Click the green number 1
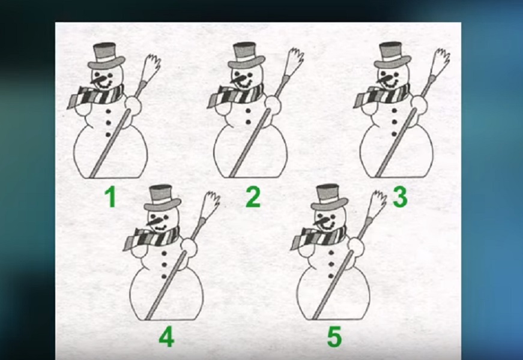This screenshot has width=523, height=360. (x=110, y=197)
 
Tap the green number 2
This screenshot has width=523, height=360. (x=253, y=197)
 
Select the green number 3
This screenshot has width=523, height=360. (x=400, y=196)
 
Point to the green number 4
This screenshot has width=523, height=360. (x=166, y=337)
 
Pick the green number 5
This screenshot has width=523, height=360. (x=334, y=337)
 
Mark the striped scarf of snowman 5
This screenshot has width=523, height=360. (x=318, y=238)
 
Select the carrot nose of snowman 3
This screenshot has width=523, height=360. (x=384, y=80)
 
